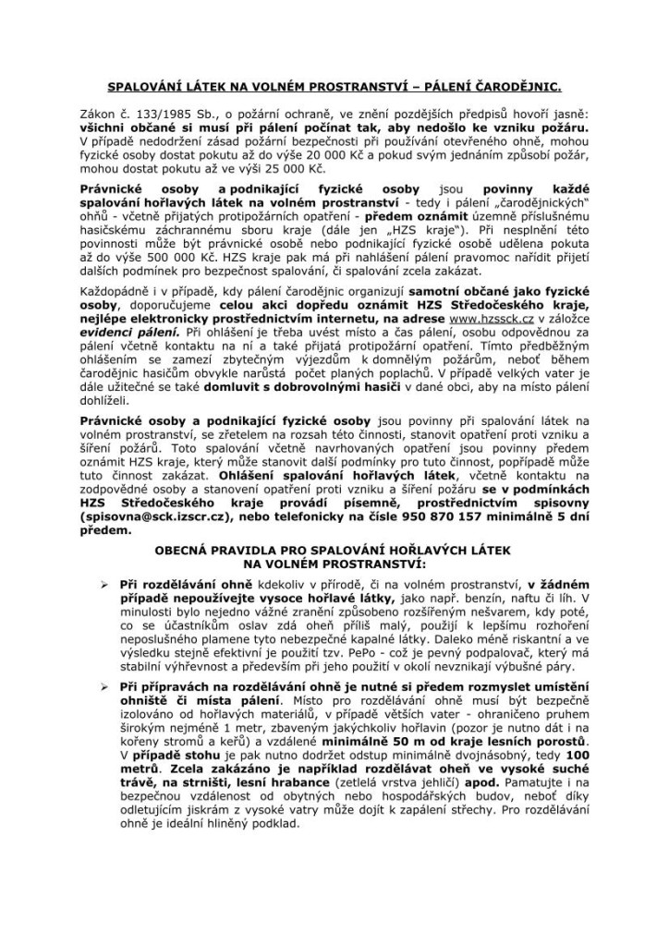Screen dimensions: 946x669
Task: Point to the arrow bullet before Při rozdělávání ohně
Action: tap(107, 585)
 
